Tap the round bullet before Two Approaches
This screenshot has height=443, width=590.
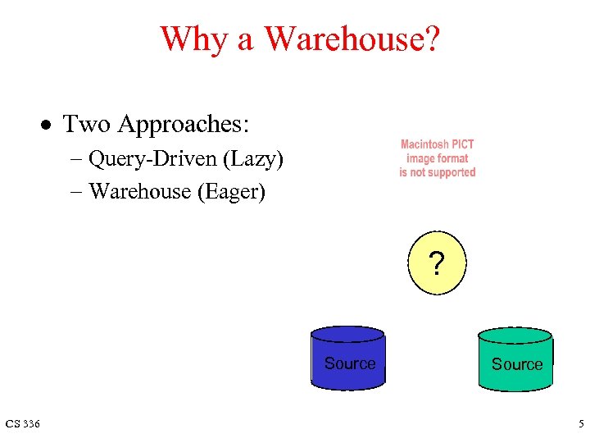(x=49, y=126)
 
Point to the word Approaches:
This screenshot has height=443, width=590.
(x=184, y=125)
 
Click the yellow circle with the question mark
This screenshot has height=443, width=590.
(x=436, y=263)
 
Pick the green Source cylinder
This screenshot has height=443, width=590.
(x=516, y=359)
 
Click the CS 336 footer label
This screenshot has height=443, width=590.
(x=22, y=423)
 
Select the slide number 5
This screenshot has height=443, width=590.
(x=580, y=423)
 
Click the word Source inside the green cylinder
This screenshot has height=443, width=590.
(x=517, y=364)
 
